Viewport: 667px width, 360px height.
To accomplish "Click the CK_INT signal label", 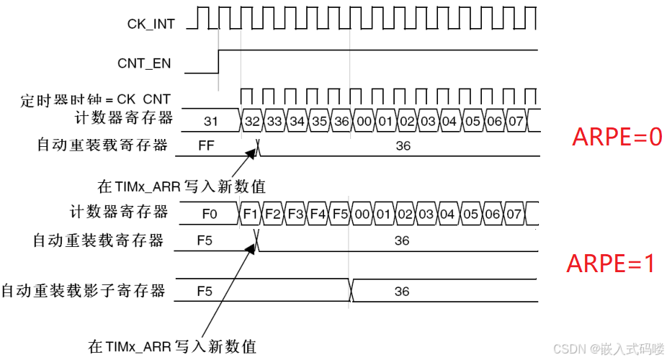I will click(x=150, y=24).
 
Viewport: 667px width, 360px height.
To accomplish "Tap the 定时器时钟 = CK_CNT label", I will click(x=97, y=99).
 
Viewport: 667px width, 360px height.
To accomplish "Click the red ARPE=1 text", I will click(x=612, y=264).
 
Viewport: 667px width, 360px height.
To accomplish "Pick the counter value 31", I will click(x=211, y=121).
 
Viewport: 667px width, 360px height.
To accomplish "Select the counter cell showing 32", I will click(x=252, y=121).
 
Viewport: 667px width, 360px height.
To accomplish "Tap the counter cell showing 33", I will click(x=274, y=121).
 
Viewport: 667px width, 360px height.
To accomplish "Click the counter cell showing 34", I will click(x=297, y=121).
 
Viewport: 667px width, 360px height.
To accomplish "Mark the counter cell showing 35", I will click(x=320, y=121).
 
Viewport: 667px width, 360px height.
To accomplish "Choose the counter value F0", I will click(x=210, y=214).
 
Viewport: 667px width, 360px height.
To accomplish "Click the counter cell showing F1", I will click(x=251, y=214).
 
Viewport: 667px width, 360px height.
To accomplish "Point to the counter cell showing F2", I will click(x=273, y=214).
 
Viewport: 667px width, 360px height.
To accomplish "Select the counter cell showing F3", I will click(x=295, y=214).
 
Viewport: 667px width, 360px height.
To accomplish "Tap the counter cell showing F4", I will click(x=318, y=214).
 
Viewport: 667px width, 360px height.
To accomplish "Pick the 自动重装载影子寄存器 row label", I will click(x=83, y=291).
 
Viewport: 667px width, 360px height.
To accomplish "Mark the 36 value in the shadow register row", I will click(x=402, y=291).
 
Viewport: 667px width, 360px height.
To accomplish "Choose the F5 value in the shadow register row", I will click(x=206, y=291).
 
